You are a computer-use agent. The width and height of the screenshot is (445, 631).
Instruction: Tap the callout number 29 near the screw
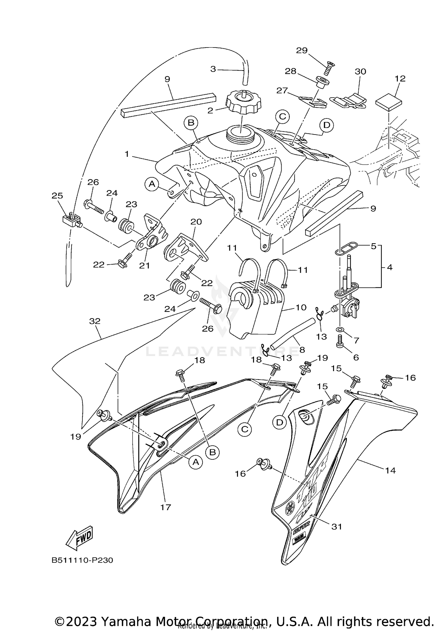302,50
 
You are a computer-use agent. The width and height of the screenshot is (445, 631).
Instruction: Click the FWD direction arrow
79,538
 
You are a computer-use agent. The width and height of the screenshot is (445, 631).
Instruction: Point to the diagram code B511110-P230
82,560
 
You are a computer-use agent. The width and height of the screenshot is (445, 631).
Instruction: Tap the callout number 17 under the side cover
166,507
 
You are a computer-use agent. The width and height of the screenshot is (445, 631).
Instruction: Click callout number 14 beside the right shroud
390,470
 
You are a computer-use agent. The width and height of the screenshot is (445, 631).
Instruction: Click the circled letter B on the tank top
191,123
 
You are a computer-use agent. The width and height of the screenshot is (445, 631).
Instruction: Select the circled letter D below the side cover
280,423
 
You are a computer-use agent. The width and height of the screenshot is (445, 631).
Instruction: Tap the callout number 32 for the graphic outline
95,321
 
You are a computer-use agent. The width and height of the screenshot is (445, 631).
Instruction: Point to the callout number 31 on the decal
337,526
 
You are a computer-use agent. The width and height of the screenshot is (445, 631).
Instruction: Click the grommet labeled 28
322,83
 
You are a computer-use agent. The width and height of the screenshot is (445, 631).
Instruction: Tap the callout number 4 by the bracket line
390,267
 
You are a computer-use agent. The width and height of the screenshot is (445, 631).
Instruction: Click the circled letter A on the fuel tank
152,184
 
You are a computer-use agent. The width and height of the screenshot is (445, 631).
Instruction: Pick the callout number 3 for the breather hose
213,69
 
